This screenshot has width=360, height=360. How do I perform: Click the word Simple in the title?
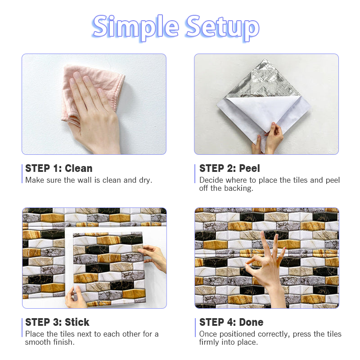(x=135, y=27)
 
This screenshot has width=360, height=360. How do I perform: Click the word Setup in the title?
(x=222, y=27)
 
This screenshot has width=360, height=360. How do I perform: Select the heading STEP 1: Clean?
(x=59, y=168)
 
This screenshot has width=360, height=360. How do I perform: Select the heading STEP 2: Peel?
(x=229, y=168)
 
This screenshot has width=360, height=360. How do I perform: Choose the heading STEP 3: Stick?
(x=57, y=322)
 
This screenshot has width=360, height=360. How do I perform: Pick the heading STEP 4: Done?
(x=231, y=322)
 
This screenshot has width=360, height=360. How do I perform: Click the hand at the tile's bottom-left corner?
(x=75, y=298)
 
